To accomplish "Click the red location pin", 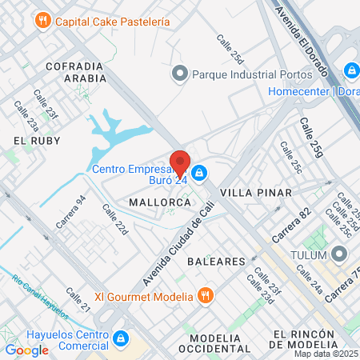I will tap(181, 162).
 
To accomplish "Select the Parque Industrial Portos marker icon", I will tap(179, 74).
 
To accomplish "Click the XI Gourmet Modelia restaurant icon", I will tap(206, 296).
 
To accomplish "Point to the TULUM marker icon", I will tap(339, 254).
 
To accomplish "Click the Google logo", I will tap(26, 350).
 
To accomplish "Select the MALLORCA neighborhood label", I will tap(159, 203).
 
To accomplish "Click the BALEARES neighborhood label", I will tap(215, 262).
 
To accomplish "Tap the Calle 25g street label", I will tap(313, 136).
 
